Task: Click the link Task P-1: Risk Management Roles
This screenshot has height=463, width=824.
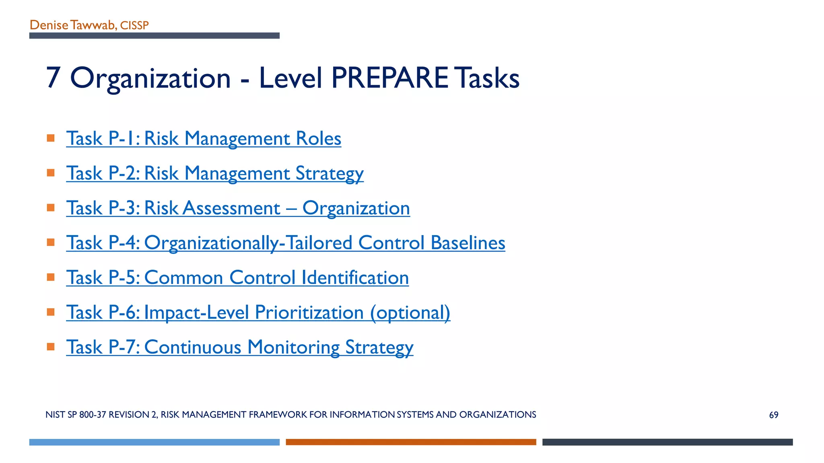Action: (204, 139)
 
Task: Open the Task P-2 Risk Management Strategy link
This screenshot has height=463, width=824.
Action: (215, 174)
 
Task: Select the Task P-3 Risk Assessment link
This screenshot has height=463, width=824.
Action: (238, 208)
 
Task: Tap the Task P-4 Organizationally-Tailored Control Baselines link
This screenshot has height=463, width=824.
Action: (286, 243)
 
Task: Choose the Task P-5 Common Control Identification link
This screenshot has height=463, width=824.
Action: (237, 278)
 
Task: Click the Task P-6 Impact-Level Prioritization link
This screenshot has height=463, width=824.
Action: (258, 313)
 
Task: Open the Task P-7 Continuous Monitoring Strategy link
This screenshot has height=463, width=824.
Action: (239, 347)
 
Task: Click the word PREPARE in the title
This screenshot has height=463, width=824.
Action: (389, 78)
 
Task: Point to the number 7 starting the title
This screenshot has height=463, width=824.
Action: (53, 78)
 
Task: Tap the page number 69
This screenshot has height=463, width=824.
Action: (773, 415)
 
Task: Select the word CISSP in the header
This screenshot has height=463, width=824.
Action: (134, 26)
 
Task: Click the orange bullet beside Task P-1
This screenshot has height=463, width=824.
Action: (51, 138)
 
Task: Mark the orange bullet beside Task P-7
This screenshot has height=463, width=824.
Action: (51, 346)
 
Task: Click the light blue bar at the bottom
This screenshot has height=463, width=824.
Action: (154, 442)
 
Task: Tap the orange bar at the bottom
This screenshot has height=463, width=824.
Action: (411, 442)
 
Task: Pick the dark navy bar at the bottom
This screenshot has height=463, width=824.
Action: (667, 442)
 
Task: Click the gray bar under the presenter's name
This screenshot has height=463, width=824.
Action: (154, 36)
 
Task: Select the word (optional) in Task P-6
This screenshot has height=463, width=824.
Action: (410, 313)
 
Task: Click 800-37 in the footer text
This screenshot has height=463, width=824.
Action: (93, 415)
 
